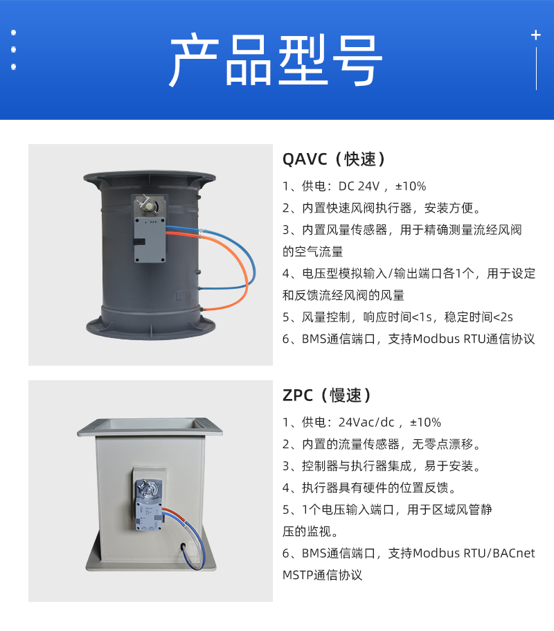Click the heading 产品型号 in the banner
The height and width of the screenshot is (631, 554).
pos(276,60)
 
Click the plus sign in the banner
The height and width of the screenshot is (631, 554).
pos(535,35)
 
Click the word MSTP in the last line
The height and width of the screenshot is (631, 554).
pos(297,575)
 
